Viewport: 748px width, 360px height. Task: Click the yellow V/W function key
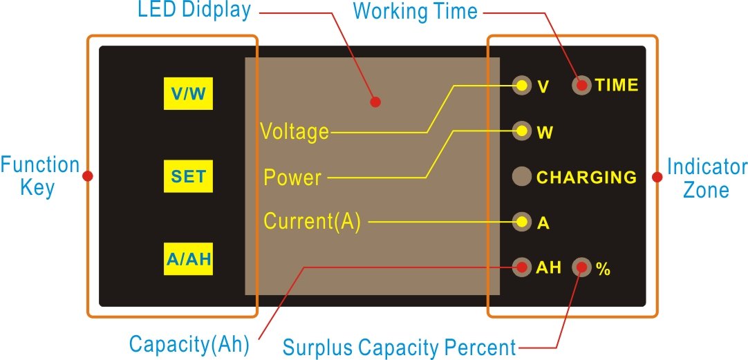pos(189,93)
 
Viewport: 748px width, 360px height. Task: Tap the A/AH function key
pos(189,259)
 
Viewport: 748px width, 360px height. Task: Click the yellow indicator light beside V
pos(522,86)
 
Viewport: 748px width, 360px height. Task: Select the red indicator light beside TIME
pos(581,86)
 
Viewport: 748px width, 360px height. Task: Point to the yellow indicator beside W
pos(522,131)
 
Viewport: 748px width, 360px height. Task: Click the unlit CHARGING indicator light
pos(522,176)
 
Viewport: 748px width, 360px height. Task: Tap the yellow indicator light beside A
pos(522,222)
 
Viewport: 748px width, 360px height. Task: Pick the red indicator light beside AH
pos(522,267)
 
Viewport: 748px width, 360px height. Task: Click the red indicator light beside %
pos(581,267)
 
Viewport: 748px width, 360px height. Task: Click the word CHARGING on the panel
pos(587,177)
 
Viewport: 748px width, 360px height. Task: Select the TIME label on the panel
pos(617,86)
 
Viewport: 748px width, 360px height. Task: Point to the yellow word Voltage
pos(294,131)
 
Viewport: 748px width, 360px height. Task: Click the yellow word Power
pos(292,178)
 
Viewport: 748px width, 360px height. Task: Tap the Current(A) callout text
pos(312,222)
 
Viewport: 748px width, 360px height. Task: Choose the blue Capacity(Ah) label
pos(189,343)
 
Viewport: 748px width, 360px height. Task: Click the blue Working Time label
pos(415,11)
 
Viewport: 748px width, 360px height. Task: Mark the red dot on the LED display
pos(375,102)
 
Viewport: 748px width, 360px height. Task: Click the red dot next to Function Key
pos(87,176)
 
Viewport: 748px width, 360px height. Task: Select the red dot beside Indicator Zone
pos(657,178)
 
